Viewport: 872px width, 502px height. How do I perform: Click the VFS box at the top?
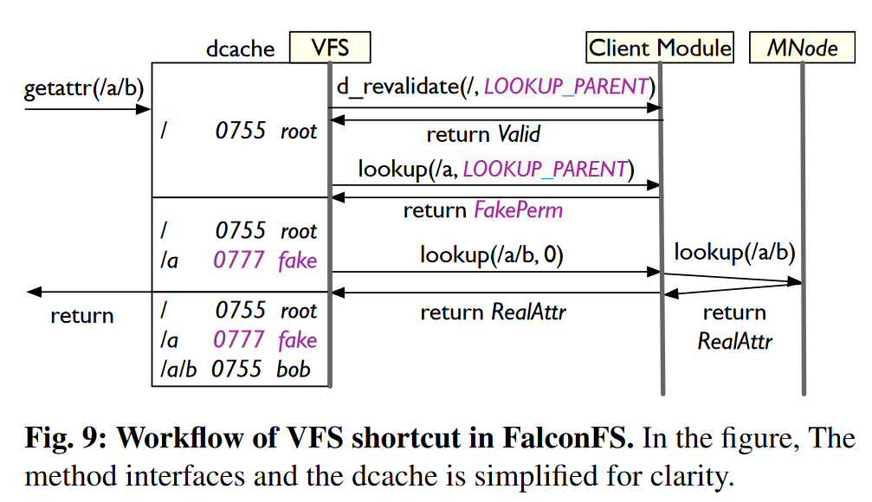[329, 48]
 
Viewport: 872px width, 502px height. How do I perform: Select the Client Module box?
[660, 48]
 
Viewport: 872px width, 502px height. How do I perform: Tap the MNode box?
[802, 48]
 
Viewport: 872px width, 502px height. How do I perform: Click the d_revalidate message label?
[494, 87]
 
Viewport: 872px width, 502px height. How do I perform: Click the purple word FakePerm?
[518, 210]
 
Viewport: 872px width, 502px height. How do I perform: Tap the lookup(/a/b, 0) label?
[491, 255]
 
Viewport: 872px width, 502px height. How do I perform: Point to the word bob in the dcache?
[294, 370]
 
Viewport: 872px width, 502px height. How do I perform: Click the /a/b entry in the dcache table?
[178, 370]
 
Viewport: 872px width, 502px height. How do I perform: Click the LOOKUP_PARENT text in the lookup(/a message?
[545, 169]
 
